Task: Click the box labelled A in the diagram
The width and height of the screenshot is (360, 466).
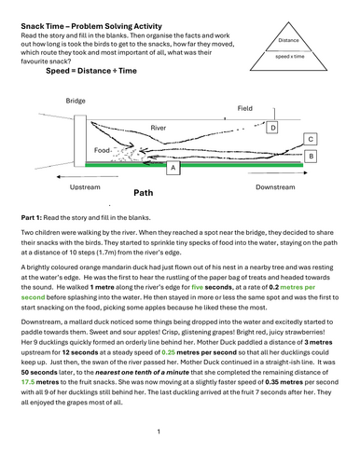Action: tap(173, 168)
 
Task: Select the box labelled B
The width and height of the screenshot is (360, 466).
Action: tap(311, 157)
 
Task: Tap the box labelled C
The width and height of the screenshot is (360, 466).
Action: tap(311, 139)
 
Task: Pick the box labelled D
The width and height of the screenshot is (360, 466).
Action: tap(272, 128)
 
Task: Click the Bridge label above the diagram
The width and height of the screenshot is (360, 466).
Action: tap(76, 101)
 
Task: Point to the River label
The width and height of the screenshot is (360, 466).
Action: tap(159, 128)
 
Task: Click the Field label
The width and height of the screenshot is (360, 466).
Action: tap(245, 108)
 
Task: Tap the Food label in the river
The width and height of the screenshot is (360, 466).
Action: tap(102, 150)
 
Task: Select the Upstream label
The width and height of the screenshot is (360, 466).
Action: tap(85, 187)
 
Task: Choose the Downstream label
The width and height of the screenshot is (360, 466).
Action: tap(275, 187)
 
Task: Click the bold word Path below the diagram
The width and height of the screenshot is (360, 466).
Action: tap(144, 193)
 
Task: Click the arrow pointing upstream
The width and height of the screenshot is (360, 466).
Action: tap(88, 177)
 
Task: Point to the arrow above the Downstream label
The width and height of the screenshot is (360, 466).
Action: tap(278, 172)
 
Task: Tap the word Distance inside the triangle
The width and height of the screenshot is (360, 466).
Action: tap(288, 40)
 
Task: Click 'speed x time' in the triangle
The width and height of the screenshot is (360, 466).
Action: tap(290, 56)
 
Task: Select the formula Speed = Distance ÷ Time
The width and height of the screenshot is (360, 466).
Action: tap(91, 71)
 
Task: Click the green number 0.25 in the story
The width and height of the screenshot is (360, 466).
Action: tap(169, 352)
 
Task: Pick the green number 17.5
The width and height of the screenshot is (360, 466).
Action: tap(28, 382)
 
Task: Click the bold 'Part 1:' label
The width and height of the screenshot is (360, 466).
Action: tap(31, 218)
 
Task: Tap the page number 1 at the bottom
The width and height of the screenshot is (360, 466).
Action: tap(159, 432)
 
